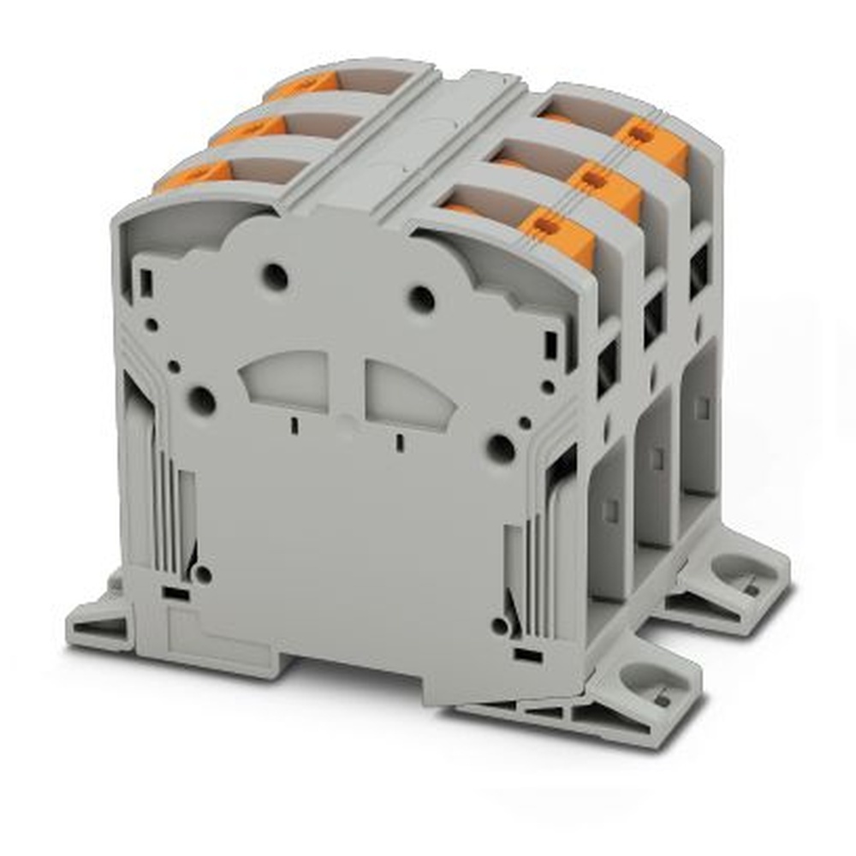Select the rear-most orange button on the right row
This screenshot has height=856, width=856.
coord(651,144)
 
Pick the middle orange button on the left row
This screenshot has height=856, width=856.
coord(249,130)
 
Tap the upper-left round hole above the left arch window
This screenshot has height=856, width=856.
coord(275,276)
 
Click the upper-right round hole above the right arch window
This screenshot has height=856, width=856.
coord(421,299)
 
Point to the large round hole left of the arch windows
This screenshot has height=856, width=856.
coord(201,400)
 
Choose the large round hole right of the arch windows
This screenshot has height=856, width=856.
coord(500,447)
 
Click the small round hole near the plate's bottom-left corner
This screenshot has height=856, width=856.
coord(203,574)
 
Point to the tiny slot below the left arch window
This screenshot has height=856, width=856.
coord(294,425)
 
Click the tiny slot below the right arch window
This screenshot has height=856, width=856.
coord(399,442)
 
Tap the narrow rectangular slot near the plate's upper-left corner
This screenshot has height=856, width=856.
coord(146,282)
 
